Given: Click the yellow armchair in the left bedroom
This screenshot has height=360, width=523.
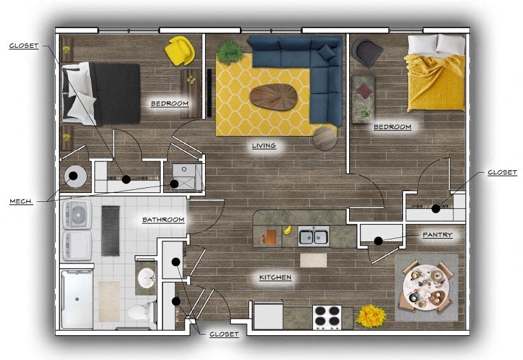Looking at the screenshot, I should [x=180, y=51].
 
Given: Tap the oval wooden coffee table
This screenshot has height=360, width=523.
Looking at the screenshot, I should [x=274, y=97].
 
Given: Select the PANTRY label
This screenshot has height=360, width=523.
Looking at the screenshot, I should [x=437, y=235].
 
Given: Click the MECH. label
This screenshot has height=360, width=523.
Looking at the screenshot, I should [x=21, y=201].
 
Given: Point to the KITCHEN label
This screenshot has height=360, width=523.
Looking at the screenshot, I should [x=275, y=277].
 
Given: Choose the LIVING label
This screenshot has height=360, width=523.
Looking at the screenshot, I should [x=263, y=145].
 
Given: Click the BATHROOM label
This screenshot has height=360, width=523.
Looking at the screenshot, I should [x=163, y=220].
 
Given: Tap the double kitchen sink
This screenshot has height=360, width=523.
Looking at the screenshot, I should [x=314, y=237].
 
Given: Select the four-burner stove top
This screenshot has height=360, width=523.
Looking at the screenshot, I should [x=327, y=316].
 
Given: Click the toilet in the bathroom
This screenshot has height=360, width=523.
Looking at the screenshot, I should [x=140, y=311].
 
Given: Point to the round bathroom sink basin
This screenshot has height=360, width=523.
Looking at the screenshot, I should [x=147, y=277].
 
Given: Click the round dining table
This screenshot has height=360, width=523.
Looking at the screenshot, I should [x=427, y=287].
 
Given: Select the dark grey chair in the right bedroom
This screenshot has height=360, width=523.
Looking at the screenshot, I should [x=366, y=51].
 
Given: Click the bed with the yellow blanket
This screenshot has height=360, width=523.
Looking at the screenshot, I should [x=435, y=72].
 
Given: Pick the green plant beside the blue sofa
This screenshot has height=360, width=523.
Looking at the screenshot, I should [x=230, y=51].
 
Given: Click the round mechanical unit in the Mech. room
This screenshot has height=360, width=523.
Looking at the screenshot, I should [x=74, y=177].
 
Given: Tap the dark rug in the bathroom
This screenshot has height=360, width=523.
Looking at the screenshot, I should [x=110, y=230].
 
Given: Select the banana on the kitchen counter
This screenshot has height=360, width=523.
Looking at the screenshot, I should [x=288, y=229].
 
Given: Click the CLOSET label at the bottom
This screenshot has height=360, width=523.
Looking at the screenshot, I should [x=224, y=334].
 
